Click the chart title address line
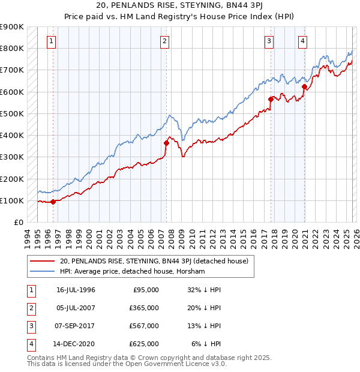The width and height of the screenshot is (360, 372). point(179,5)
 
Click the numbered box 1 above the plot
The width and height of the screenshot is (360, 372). point(52,41)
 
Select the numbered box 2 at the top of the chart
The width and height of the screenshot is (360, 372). point(164,41)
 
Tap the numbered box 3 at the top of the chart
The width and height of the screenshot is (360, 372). point(269,41)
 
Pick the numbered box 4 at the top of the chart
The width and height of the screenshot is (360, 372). point(303,41)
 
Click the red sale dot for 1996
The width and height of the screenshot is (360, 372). point(53,202)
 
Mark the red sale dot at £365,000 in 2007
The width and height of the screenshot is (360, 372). point(166,143)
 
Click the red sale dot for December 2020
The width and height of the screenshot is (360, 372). point(304,86)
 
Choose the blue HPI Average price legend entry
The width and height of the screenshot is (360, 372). point(132,272)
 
